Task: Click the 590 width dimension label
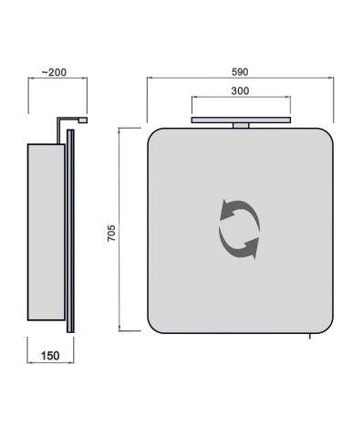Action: (240, 72)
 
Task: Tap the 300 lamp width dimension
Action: (240, 91)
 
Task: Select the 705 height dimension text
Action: (111, 233)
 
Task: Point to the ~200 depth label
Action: (54, 72)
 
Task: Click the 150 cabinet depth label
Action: (50, 356)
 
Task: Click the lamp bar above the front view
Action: (241, 120)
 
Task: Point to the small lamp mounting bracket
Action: (241, 125)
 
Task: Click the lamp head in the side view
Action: (83, 120)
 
